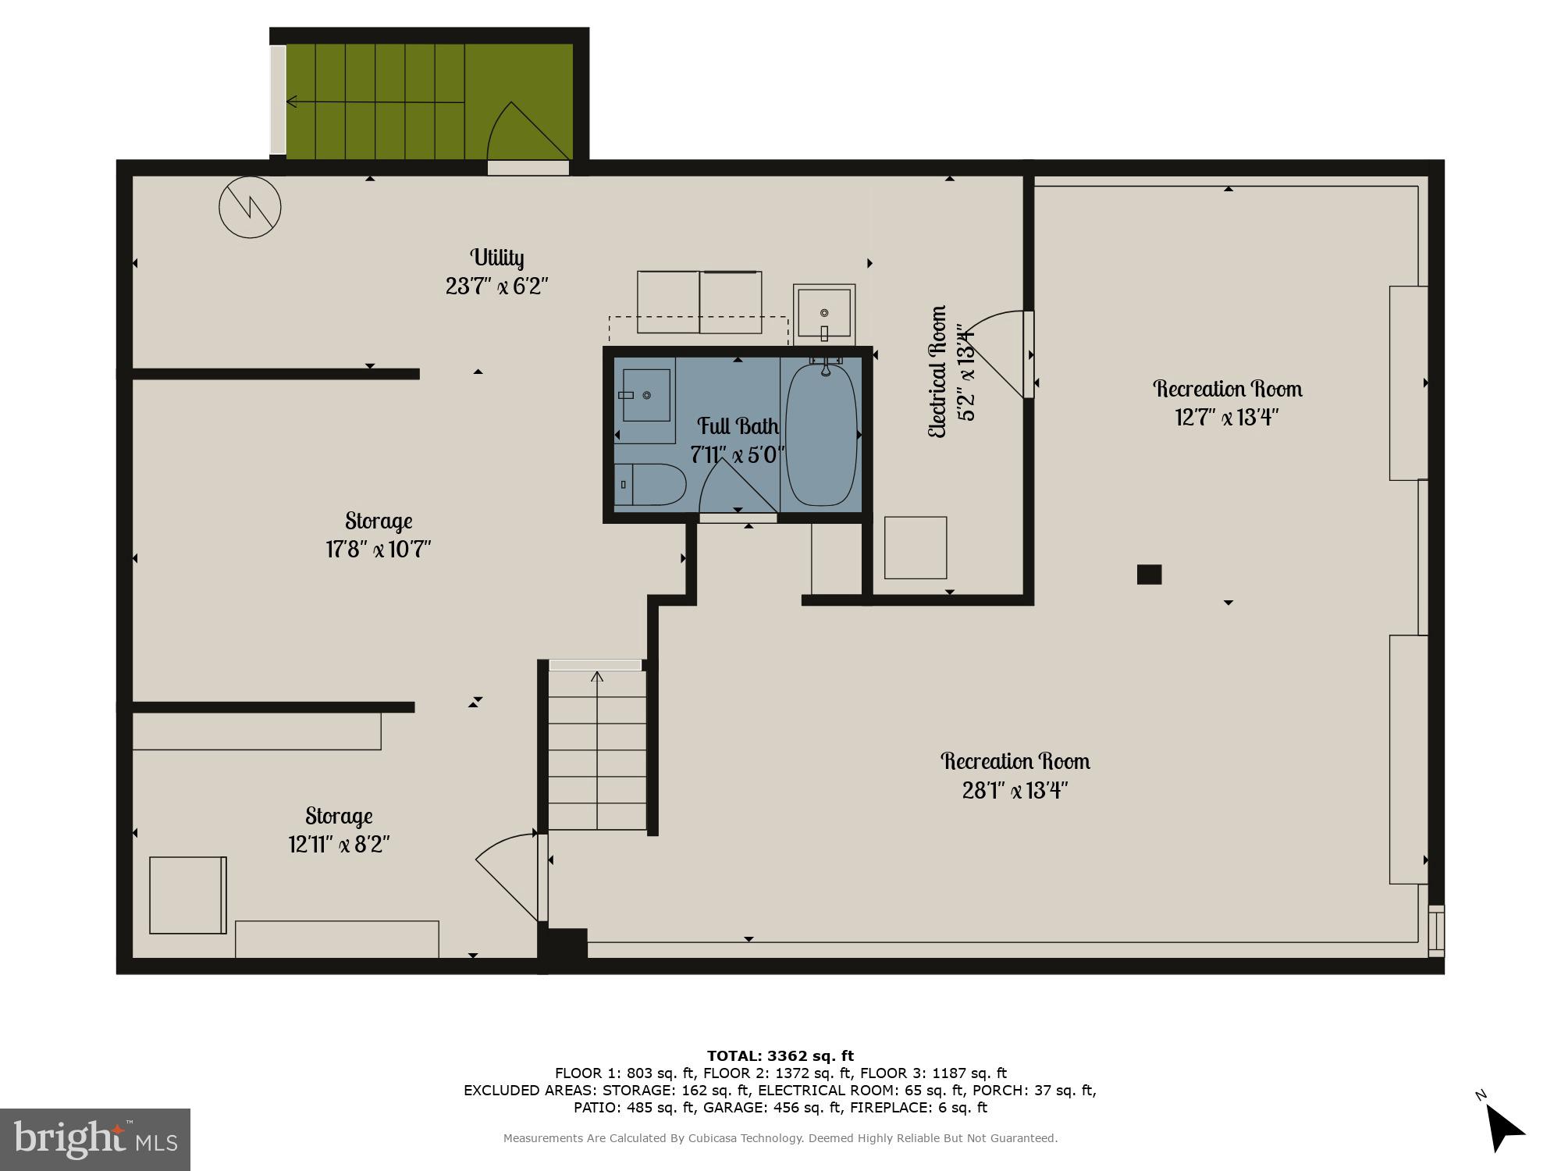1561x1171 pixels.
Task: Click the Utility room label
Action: click(x=496, y=258)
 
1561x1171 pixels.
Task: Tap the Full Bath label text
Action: click(x=738, y=426)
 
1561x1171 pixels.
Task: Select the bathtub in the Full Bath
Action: click(x=821, y=434)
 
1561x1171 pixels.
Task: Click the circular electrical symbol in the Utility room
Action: click(x=250, y=207)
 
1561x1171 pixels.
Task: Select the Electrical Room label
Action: click(x=937, y=372)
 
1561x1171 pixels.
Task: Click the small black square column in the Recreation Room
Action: click(x=1149, y=575)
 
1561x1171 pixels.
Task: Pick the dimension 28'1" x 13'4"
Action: click(x=1015, y=791)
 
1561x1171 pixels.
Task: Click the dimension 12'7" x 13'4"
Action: click(x=1227, y=418)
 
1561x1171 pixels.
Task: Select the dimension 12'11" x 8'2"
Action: click(x=339, y=845)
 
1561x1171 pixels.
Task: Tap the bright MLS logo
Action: click(x=95, y=1140)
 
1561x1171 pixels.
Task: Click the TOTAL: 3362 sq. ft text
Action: click(x=780, y=1056)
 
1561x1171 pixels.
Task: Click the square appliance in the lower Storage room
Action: click(x=187, y=895)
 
